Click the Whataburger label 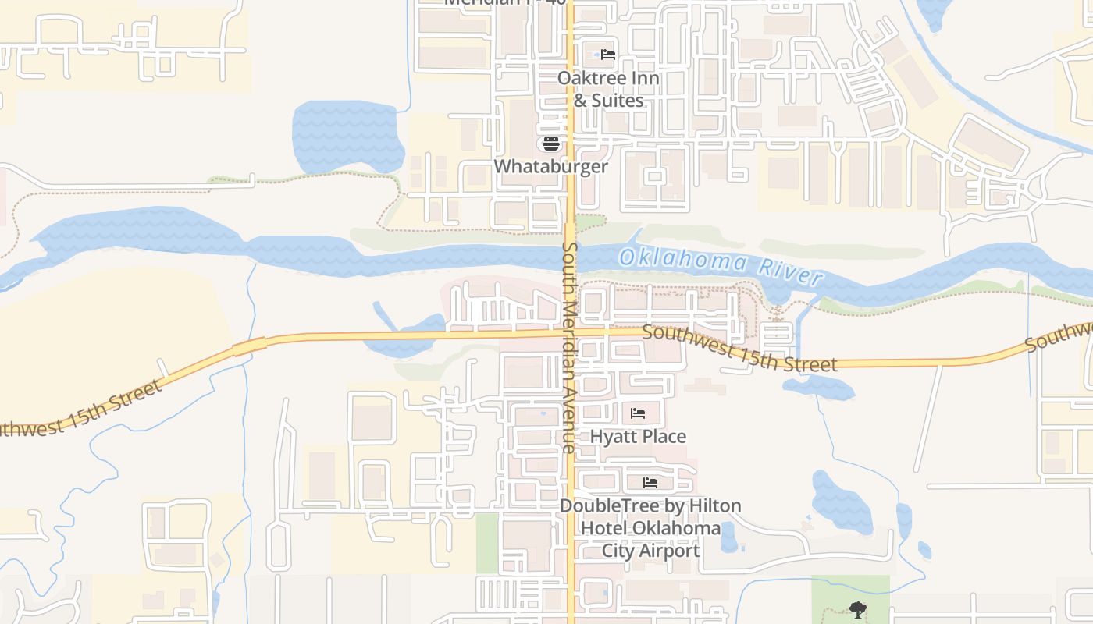click(x=550, y=166)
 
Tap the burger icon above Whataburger click(x=551, y=144)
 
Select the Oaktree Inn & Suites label click(x=608, y=89)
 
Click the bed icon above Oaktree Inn click(x=608, y=55)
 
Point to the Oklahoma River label click(x=721, y=265)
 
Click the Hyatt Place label click(x=638, y=436)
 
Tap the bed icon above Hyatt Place click(x=638, y=413)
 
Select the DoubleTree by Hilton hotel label click(x=650, y=528)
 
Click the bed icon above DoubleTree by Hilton click(x=650, y=482)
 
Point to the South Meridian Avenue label click(x=569, y=347)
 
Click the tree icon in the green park click(x=858, y=609)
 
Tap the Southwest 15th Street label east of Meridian click(x=740, y=349)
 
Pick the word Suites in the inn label click(x=618, y=101)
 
